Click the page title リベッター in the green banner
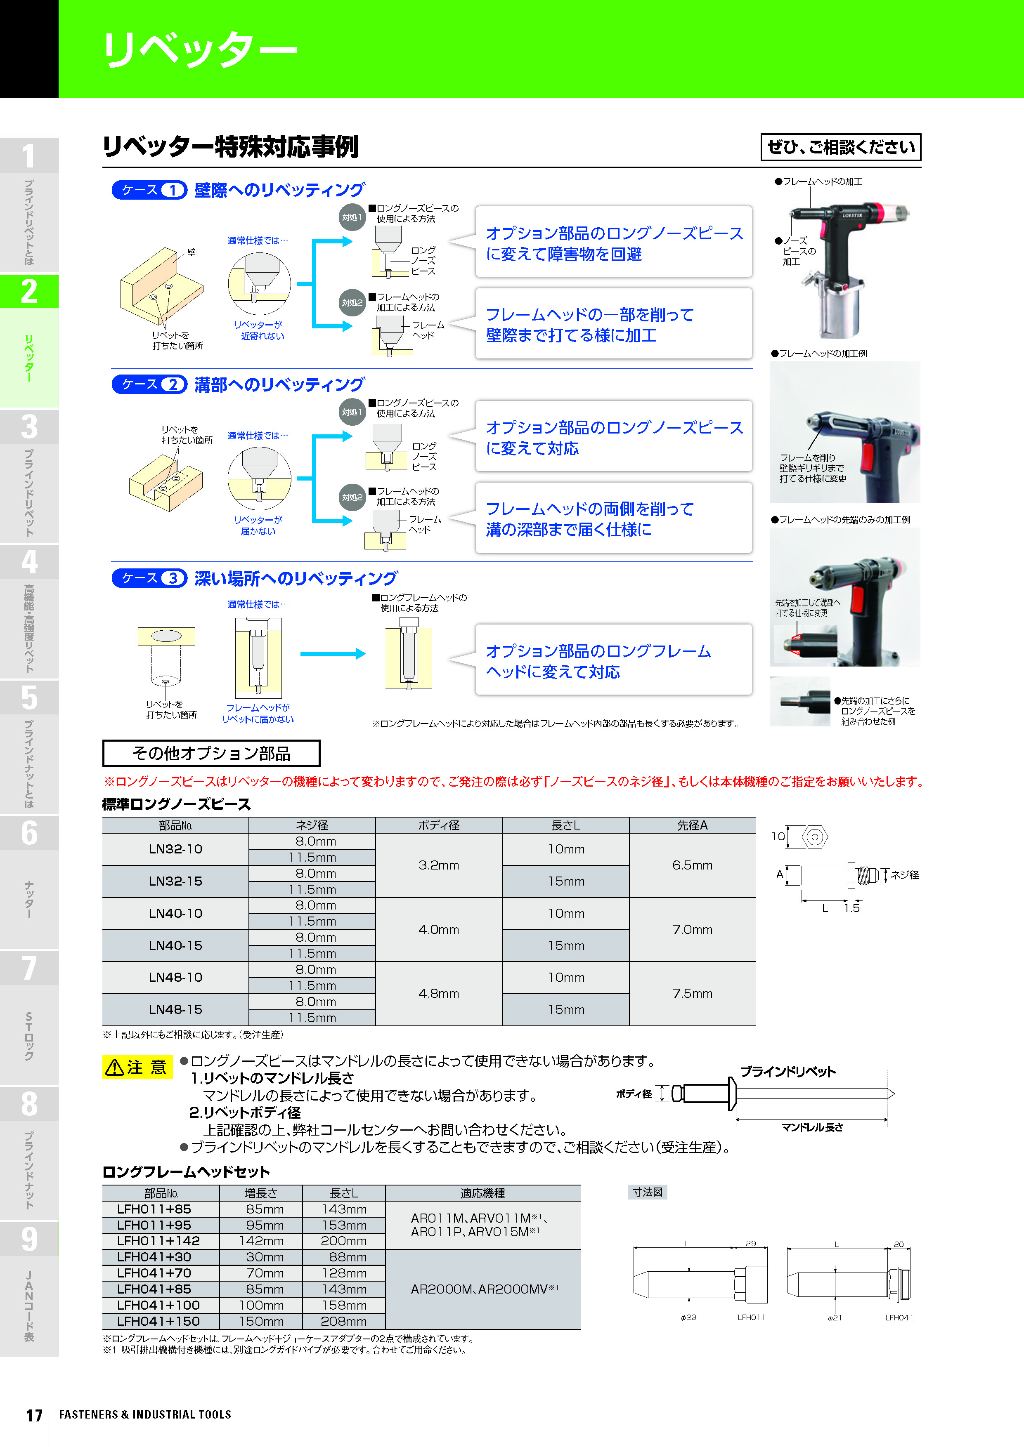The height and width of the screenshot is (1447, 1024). coord(199,49)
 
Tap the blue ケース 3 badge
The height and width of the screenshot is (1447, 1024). coord(149,578)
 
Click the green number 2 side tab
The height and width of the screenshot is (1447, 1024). coord(29,292)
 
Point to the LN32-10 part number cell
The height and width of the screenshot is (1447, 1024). coord(175,849)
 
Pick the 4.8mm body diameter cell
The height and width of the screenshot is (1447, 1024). coord(439,993)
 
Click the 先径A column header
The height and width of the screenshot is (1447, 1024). coord(692,825)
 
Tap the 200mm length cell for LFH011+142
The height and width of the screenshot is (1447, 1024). coord(344,1241)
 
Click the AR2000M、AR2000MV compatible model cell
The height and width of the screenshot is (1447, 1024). coord(484,1289)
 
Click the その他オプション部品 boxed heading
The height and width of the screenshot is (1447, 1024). coord(211,753)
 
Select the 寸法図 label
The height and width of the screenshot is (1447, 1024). coord(648,1192)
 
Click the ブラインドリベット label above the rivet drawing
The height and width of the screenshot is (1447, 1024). coord(788,1071)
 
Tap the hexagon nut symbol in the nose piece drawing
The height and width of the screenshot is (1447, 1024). coord(815,837)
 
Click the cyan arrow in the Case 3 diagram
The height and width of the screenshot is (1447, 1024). coord(333,653)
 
